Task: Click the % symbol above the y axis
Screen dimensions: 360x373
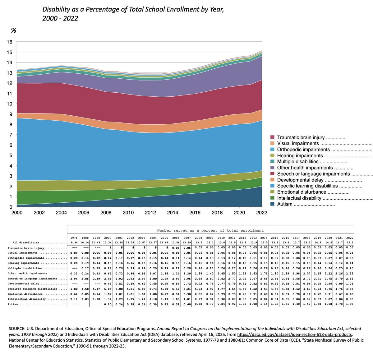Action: [13, 30]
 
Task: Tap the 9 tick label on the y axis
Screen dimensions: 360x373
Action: [11, 114]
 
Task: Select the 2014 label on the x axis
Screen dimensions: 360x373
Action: [173, 213]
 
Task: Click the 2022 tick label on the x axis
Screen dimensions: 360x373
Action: [261, 213]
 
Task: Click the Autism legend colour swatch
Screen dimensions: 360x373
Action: [273, 204]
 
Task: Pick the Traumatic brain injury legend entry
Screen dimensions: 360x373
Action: [301, 137]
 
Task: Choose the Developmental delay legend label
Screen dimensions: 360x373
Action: [300, 180]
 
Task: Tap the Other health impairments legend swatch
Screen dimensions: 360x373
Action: [273, 168]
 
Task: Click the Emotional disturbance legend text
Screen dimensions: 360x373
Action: [302, 192]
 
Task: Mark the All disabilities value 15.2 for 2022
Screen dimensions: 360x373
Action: [350, 242]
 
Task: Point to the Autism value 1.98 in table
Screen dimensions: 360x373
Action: [350, 304]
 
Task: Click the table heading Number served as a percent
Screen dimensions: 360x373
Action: [210, 230]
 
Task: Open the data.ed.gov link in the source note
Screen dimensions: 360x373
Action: [294, 335]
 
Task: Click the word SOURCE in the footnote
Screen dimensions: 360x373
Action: [17, 329]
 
